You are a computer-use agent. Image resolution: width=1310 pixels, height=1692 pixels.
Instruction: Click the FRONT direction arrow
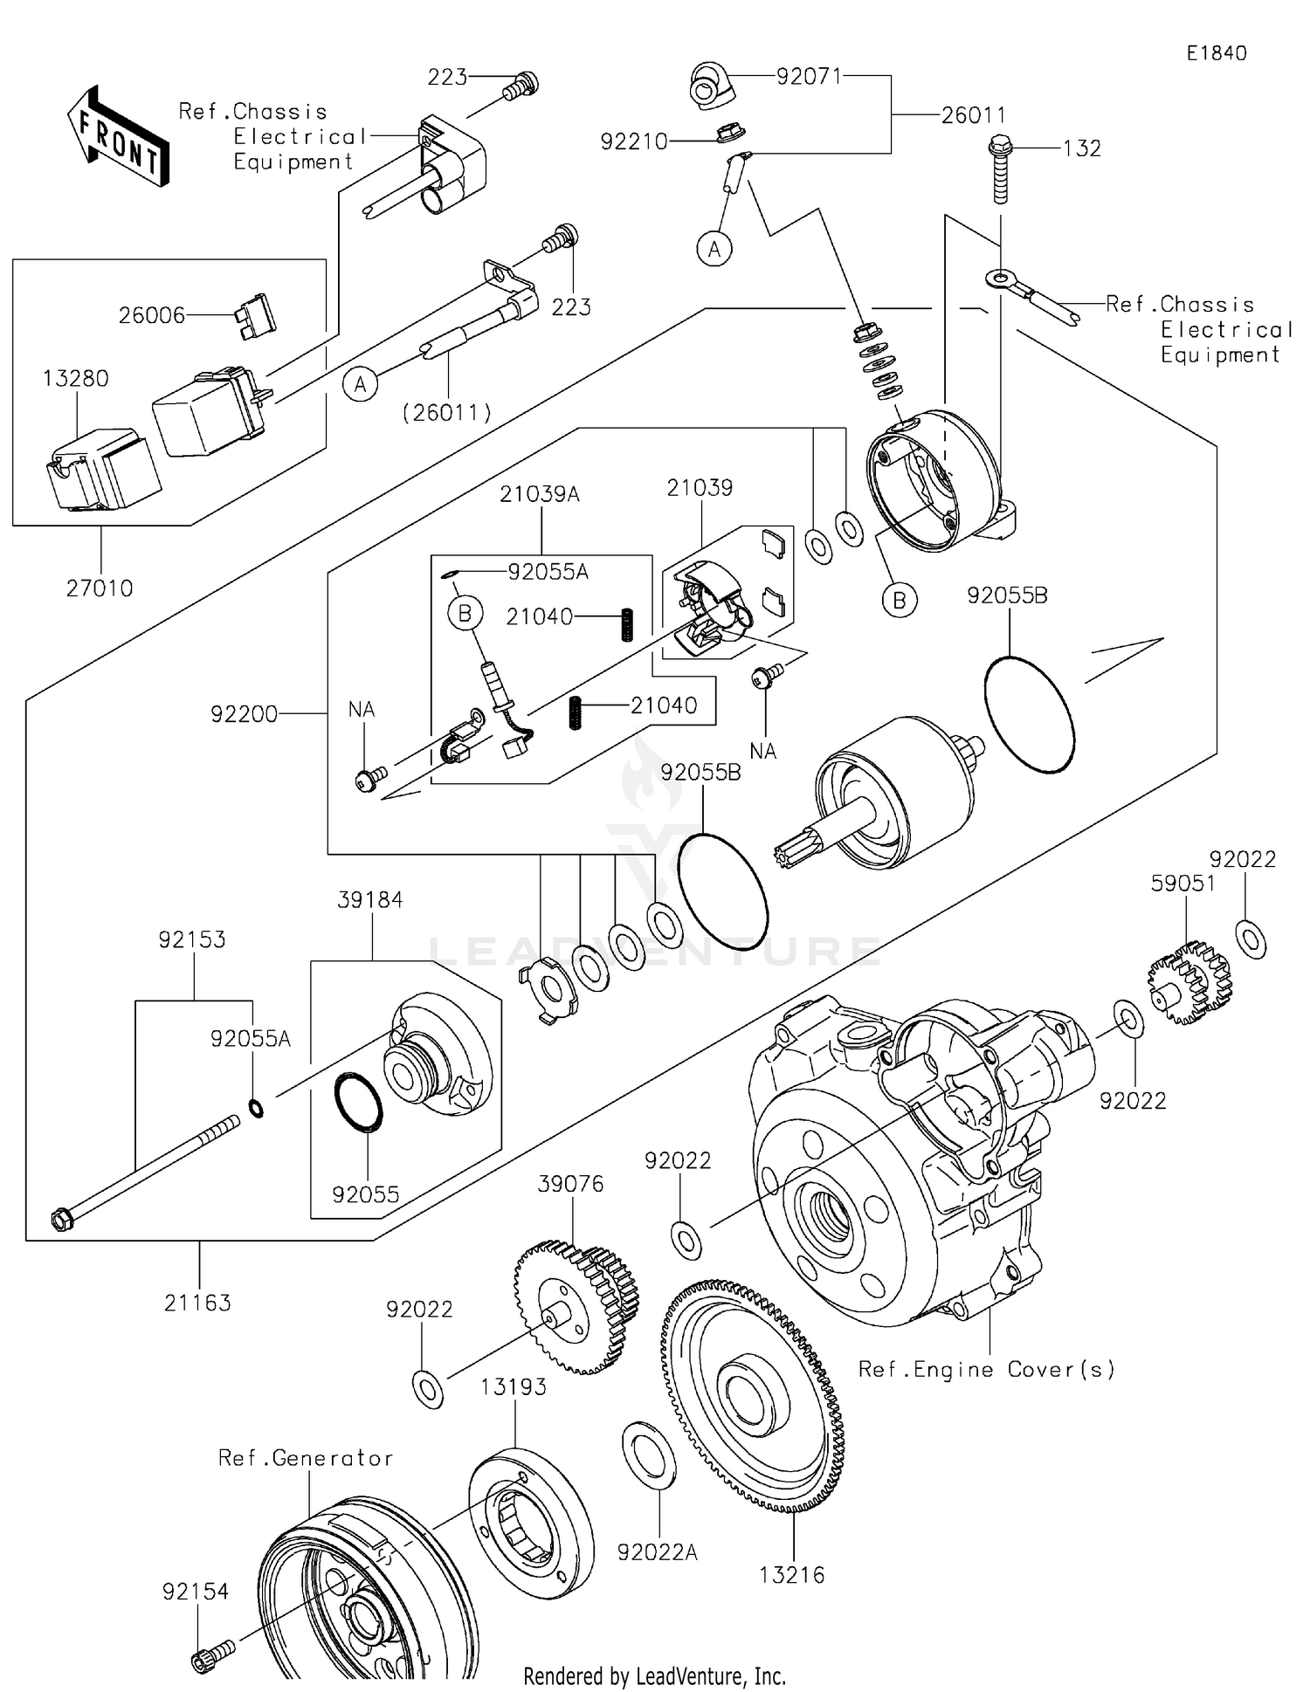pyautogui.click(x=118, y=137)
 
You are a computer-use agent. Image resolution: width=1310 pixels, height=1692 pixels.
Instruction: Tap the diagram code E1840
pyautogui.click(x=1217, y=53)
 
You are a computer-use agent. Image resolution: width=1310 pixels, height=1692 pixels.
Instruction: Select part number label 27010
pyautogui.click(x=100, y=588)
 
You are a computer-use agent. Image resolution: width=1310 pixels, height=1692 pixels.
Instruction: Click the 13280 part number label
pyautogui.click(x=76, y=379)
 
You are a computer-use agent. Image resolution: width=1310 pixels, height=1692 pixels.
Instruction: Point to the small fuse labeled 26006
pyautogui.click(x=254, y=315)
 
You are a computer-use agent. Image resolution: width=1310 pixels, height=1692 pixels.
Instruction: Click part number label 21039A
pyautogui.click(x=540, y=494)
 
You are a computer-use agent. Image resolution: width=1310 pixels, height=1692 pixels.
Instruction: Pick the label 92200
pyautogui.click(x=244, y=714)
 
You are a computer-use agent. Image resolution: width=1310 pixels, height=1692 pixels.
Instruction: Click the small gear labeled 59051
pyautogui.click(x=1189, y=981)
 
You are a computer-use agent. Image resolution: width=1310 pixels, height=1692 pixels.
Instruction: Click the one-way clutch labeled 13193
pyautogui.click(x=530, y=1521)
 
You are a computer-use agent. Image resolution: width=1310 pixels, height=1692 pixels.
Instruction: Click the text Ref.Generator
pyautogui.click(x=306, y=1458)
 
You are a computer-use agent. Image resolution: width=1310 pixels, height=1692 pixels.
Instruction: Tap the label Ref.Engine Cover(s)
pyautogui.click(x=987, y=1369)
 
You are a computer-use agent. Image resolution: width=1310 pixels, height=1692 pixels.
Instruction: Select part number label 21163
pyautogui.click(x=197, y=1303)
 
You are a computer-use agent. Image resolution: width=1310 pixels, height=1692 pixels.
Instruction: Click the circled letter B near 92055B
pyautogui.click(x=900, y=601)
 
